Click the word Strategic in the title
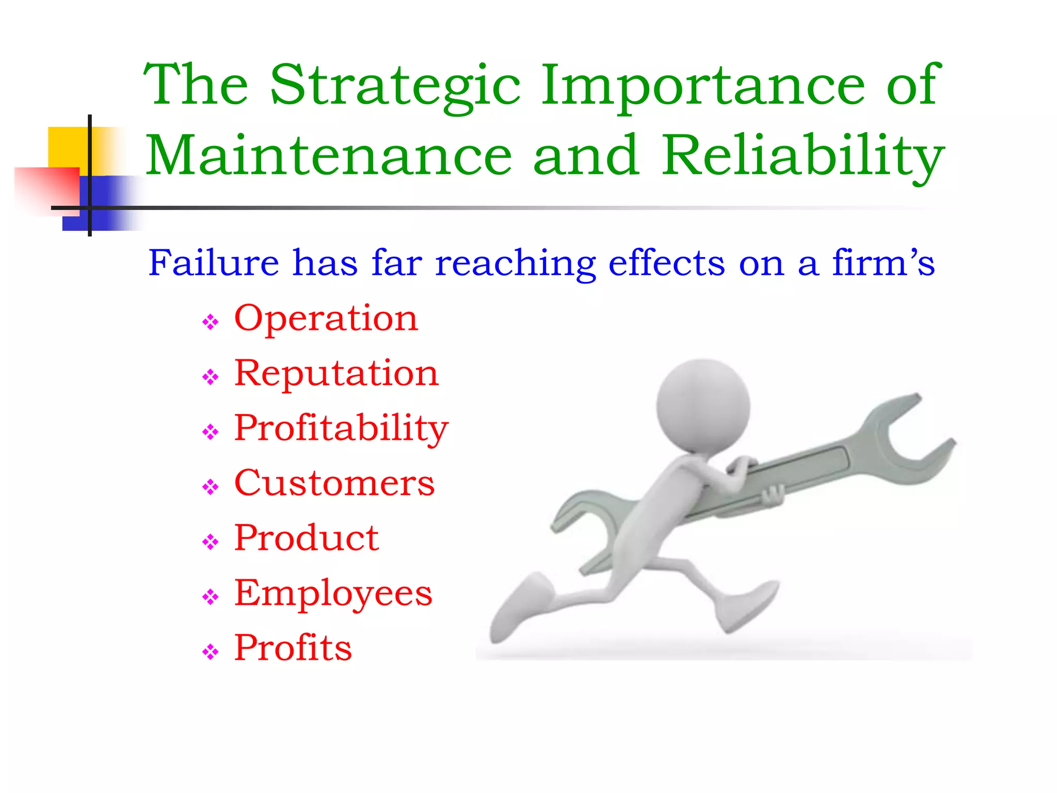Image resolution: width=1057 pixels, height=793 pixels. (395, 85)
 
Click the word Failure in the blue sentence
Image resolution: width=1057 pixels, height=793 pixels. (214, 263)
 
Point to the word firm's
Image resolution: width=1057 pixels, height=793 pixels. (883, 263)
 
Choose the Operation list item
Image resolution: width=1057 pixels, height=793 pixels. (326, 319)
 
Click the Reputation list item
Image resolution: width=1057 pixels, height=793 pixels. (336, 373)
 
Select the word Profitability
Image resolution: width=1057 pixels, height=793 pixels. (341, 429)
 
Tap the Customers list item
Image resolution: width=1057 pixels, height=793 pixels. (334, 483)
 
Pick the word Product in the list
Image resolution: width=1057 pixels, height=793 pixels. (307, 538)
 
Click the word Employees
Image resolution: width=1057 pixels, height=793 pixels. (333, 593)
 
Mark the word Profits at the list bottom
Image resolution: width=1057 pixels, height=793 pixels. (293, 648)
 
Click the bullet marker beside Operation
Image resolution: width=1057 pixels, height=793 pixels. (211, 323)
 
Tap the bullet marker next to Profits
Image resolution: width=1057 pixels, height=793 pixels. (211, 652)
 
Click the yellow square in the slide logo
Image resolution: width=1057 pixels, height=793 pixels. (67, 147)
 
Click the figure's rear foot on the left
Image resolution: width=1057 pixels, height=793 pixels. (516, 609)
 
